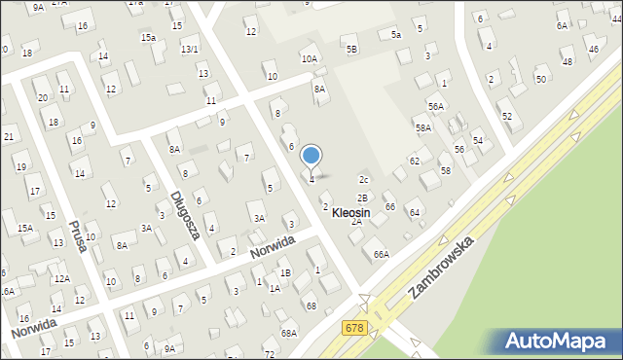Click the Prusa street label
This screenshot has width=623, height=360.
tap(78, 234)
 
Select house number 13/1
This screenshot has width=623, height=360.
tap(190, 49)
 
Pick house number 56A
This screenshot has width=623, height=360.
tap(435, 106)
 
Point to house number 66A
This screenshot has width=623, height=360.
tap(381, 254)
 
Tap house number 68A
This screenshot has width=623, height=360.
tap(289, 333)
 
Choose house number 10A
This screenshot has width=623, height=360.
tap(309, 59)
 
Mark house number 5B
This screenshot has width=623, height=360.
tap(351, 48)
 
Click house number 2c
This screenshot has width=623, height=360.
tap(364, 180)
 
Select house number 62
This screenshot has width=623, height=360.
tap(415, 161)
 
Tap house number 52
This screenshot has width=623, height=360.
tap(506, 116)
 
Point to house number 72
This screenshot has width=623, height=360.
tap(269, 354)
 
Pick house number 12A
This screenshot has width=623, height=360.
tap(61, 278)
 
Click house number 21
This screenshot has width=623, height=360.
tap(9, 137)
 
